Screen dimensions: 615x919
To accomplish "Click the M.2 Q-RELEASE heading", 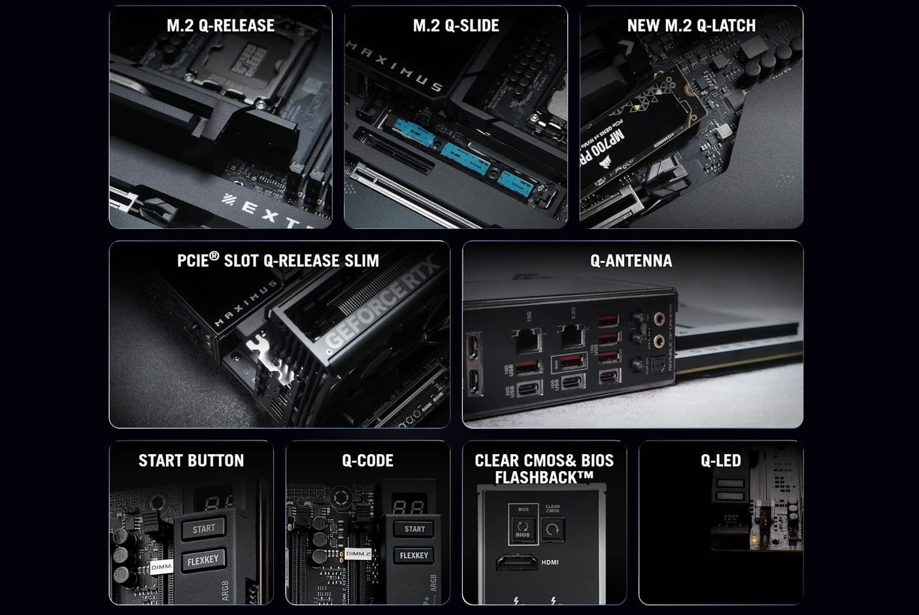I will pyautogui.click(x=220, y=26).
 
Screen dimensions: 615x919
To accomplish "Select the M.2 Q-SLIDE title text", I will pyautogui.click(x=456, y=26).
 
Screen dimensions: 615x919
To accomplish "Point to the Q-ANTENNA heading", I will pyautogui.click(x=631, y=260).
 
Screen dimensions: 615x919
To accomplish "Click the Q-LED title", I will pyautogui.click(x=720, y=461).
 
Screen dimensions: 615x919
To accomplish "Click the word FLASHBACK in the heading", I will pyautogui.click(x=536, y=478).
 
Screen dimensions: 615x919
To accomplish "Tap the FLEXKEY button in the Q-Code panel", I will pyautogui.click(x=413, y=555).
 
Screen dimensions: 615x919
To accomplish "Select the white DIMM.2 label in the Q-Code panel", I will pyautogui.click(x=358, y=553).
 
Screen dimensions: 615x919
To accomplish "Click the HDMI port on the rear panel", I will pyautogui.click(x=518, y=562).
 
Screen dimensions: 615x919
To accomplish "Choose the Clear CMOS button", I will pyautogui.click(x=552, y=528).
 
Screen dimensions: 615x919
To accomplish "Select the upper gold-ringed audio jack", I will pyautogui.click(x=659, y=320).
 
